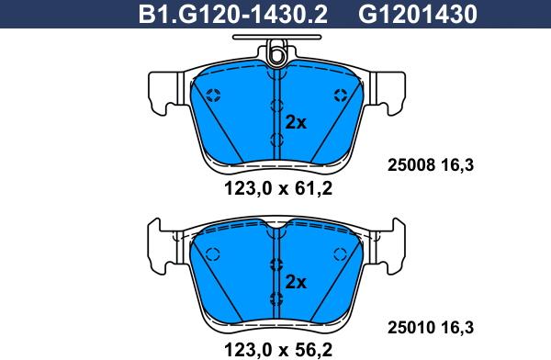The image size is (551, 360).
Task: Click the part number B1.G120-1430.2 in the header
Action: [233, 14]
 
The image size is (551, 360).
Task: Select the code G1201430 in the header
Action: [418, 14]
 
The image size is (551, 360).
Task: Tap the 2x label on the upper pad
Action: [296, 123]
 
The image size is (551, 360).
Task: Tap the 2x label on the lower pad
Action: [296, 282]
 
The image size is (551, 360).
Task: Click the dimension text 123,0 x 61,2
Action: [278, 189]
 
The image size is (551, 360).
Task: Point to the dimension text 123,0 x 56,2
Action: [278, 350]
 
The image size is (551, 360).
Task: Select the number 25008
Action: [411, 165]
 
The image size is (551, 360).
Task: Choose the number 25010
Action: [411, 328]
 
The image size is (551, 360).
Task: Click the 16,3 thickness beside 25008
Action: [457, 165]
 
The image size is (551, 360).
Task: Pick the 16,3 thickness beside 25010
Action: [457, 328]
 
